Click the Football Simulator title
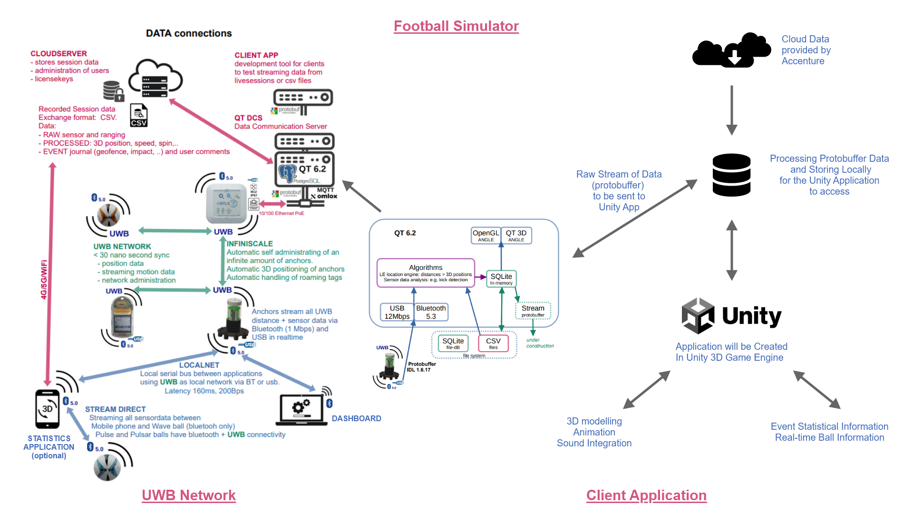[456, 26]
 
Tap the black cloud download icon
[732, 50]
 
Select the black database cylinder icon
[731, 175]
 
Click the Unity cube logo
[698, 316]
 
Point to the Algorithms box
[426, 273]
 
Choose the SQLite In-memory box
[501, 279]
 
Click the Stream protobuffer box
[533, 311]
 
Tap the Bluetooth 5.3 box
[431, 312]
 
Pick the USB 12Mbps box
[397, 312]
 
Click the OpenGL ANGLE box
[486, 236]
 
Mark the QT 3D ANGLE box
[516, 236]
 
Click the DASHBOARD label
[356, 418]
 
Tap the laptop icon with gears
[301, 409]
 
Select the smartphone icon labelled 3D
[48, 409]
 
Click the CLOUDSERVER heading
[58, 54]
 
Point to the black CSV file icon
[138, 116]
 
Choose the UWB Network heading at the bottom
[189, 495]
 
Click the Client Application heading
[646, 495]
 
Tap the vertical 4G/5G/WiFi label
[44, 280]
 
